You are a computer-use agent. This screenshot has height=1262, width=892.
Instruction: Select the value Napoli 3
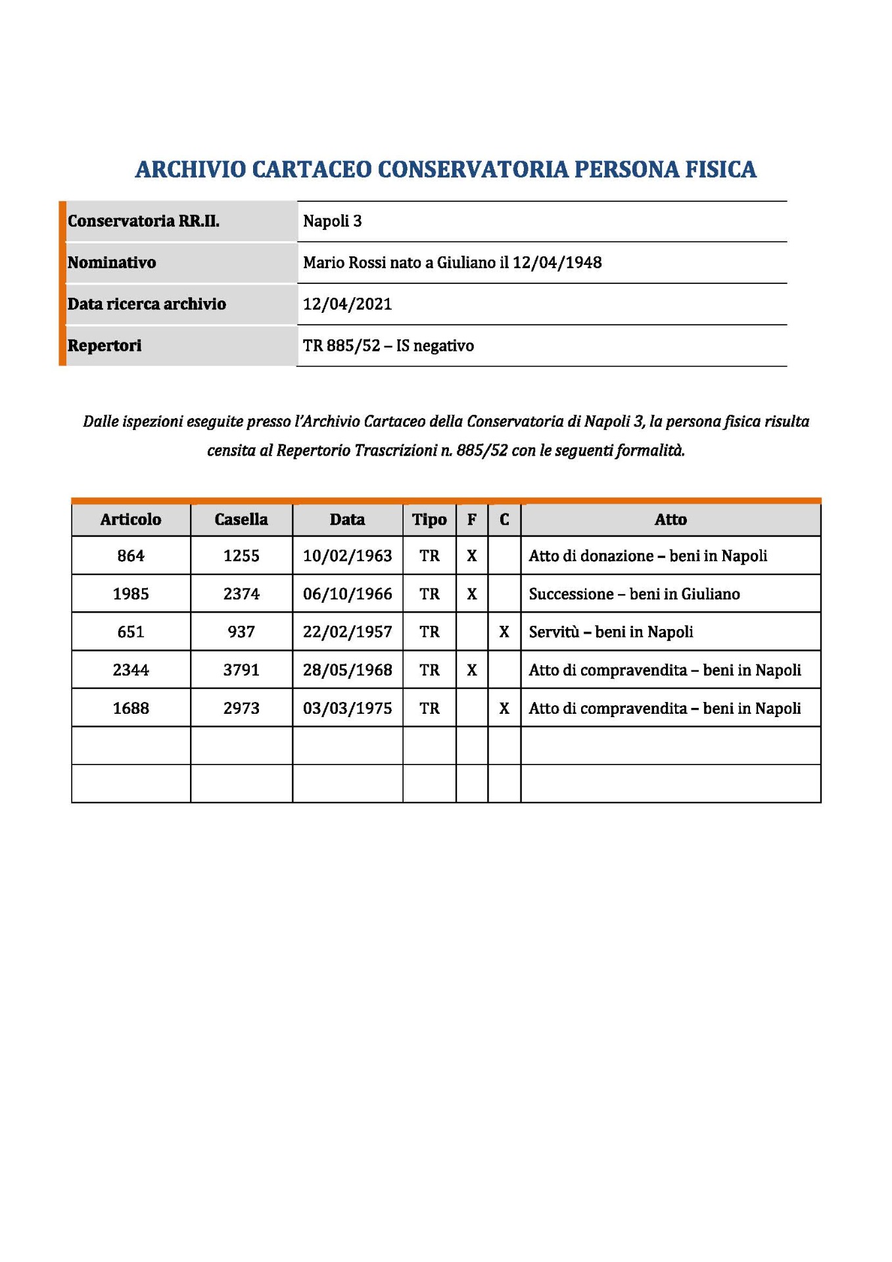(x=332, y=222)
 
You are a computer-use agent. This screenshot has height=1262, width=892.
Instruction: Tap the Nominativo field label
(x=112, y=263)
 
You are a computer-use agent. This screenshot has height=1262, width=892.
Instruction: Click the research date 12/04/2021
(x=347, y=304)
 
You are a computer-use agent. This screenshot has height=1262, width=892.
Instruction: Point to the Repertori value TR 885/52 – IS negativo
(x=388, y=346)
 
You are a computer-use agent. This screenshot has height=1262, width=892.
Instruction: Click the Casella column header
(x=241, y=520)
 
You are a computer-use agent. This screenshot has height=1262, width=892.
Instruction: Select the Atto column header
(x=670, y=520)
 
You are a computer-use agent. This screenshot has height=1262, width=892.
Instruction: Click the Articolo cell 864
(x=131, y=556)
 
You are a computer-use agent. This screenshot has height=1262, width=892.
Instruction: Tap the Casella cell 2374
(x=241, y=594)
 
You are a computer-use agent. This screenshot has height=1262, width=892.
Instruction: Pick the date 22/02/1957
(x=347, y=632)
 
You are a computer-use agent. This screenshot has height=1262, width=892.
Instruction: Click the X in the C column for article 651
(x=504, y=632)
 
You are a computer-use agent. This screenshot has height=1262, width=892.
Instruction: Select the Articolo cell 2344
(x=131, y=670)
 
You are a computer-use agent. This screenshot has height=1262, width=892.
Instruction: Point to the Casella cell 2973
(x=241, y=709)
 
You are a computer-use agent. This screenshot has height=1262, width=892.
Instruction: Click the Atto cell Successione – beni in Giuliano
(x=634, y=594)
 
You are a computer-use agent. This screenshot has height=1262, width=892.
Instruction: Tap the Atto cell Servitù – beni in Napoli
(x=611, y=632)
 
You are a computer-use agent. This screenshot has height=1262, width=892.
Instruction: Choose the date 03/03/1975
(x=347, y=709)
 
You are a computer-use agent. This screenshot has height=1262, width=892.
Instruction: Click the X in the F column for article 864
(x=472, y=556)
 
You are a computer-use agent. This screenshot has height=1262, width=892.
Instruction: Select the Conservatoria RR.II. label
(x=143, y=222)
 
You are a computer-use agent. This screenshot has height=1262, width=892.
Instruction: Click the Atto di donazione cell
(x=647, y=556)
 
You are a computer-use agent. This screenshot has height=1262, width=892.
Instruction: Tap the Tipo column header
(x=429, y=520)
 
